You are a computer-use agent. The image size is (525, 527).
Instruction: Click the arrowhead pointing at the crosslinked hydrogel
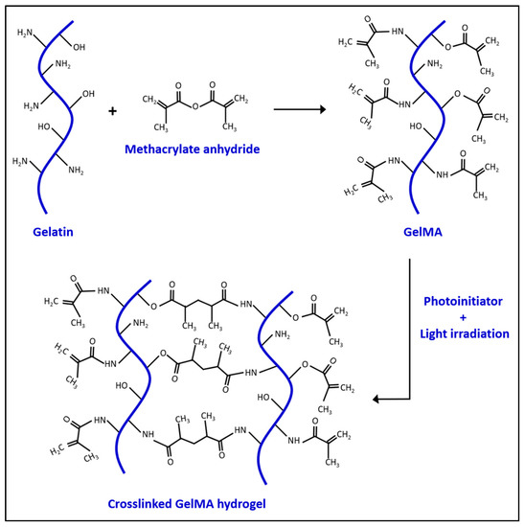point(376,401)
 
